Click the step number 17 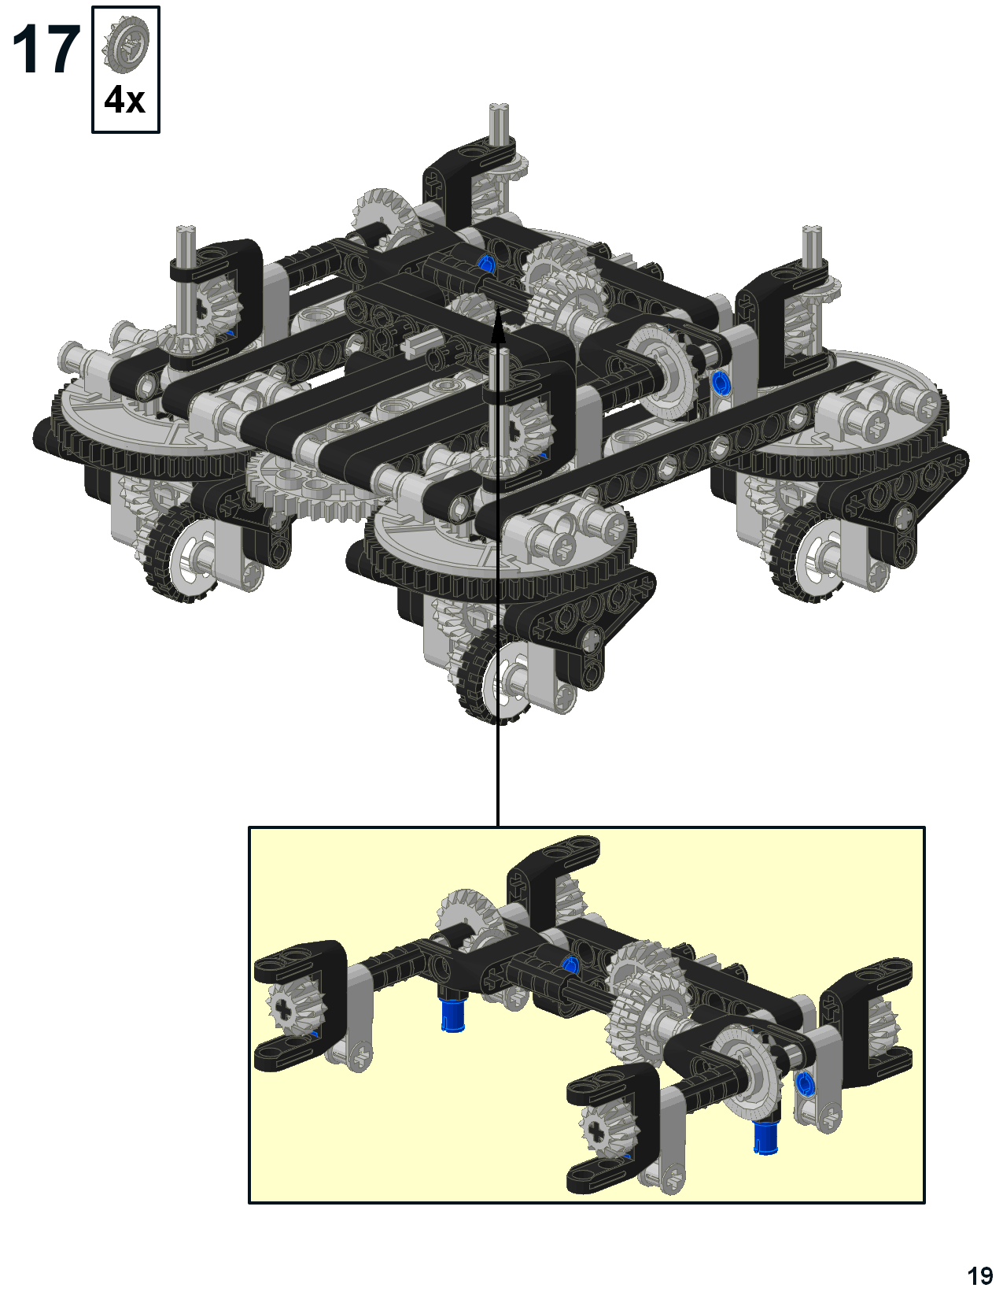click(46, 50)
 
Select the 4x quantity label click(125, 99)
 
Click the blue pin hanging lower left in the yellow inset click(453, 1016)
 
